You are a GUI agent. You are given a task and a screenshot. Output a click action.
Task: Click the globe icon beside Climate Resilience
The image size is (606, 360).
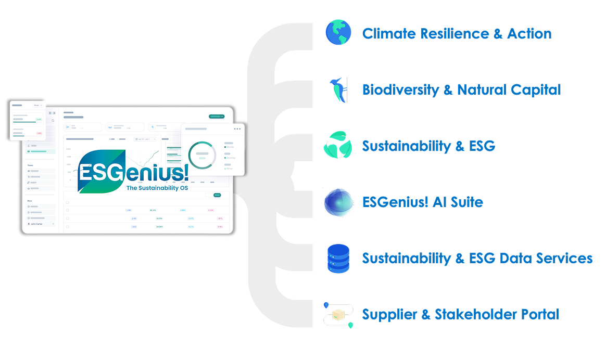338,32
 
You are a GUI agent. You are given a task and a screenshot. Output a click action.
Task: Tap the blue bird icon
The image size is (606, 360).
338,89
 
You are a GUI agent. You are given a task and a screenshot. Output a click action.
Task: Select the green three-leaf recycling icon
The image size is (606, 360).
338,145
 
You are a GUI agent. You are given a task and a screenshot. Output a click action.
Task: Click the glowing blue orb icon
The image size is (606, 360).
338,202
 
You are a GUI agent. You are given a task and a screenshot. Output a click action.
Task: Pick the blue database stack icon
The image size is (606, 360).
338,259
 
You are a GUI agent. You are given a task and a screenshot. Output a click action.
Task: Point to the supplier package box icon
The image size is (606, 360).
338,315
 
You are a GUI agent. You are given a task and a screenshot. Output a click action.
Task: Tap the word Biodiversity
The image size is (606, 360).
400,90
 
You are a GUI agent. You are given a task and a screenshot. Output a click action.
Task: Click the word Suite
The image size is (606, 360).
466,202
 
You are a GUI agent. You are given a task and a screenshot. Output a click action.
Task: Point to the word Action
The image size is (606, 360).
529,34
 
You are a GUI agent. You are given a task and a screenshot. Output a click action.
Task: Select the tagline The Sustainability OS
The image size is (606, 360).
157,188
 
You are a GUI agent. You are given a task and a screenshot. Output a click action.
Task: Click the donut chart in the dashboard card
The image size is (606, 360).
202,155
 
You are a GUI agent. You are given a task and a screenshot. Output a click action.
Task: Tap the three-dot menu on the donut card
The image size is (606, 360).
237,128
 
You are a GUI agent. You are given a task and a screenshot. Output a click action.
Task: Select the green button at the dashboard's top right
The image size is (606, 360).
216,117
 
